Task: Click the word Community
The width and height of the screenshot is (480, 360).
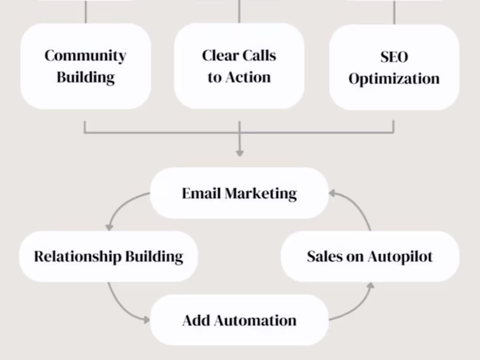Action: [86, 56]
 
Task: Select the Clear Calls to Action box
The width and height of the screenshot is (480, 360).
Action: [239, 66]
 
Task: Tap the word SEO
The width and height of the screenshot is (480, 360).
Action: [394, 57]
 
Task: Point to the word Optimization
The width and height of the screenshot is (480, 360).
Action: [394, 79]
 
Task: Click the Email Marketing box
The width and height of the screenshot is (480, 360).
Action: [239, 193]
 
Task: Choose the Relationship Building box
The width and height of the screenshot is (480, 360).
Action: [108, 256]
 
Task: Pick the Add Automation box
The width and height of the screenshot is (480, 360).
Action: [239, 320]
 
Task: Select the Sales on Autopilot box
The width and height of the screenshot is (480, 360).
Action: [370, 256]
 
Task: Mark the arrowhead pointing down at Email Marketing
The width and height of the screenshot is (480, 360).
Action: [239, 153]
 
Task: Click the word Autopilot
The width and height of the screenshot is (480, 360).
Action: [400, 257]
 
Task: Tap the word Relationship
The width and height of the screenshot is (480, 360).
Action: [78, 256]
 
